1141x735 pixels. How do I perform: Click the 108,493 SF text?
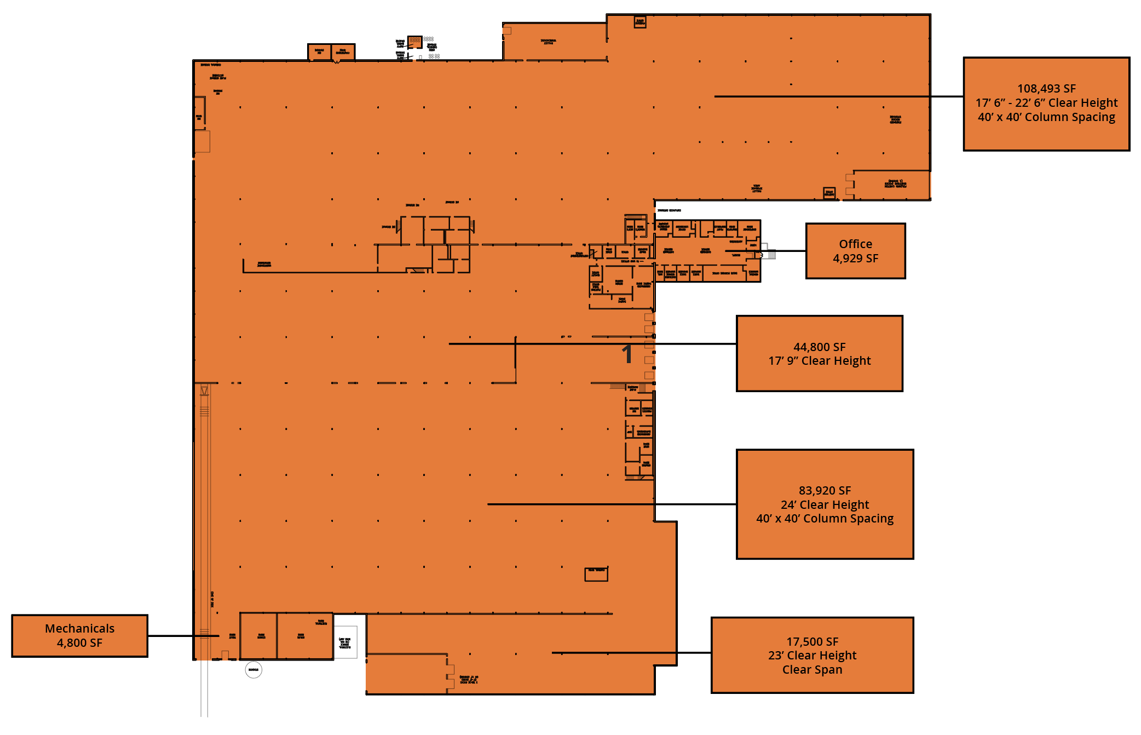tap(1046, 89)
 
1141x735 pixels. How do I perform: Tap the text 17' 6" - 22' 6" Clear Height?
tap(1046, 103)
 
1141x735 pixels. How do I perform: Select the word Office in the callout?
tap(855, 244)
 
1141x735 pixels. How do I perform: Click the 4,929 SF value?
tap(855, 259)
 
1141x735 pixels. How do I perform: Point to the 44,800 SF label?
tap(819, 347)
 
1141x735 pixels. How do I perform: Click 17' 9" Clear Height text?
tap(819, 361)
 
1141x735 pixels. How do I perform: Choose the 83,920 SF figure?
tap(825, 491)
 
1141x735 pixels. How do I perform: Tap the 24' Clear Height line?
tap(825, 505)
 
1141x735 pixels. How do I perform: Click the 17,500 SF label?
tap(812, 642)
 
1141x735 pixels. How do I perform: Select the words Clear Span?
tap(812, 670)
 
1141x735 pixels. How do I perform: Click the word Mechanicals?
tap(80, 629)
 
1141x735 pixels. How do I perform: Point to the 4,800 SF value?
tap(80, 643)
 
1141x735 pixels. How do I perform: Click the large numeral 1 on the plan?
tap(627, 354)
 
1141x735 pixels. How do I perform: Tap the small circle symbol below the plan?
tap(253, 670)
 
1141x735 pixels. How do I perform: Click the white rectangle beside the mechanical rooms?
tap(345, 642)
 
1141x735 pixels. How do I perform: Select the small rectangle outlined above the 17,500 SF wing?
tap(596, 574)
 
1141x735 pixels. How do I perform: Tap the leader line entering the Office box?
tap(783, 251)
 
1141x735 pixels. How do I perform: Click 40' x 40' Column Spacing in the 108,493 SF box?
tap(1046, 117)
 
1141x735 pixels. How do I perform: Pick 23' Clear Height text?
tap(812, 656)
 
